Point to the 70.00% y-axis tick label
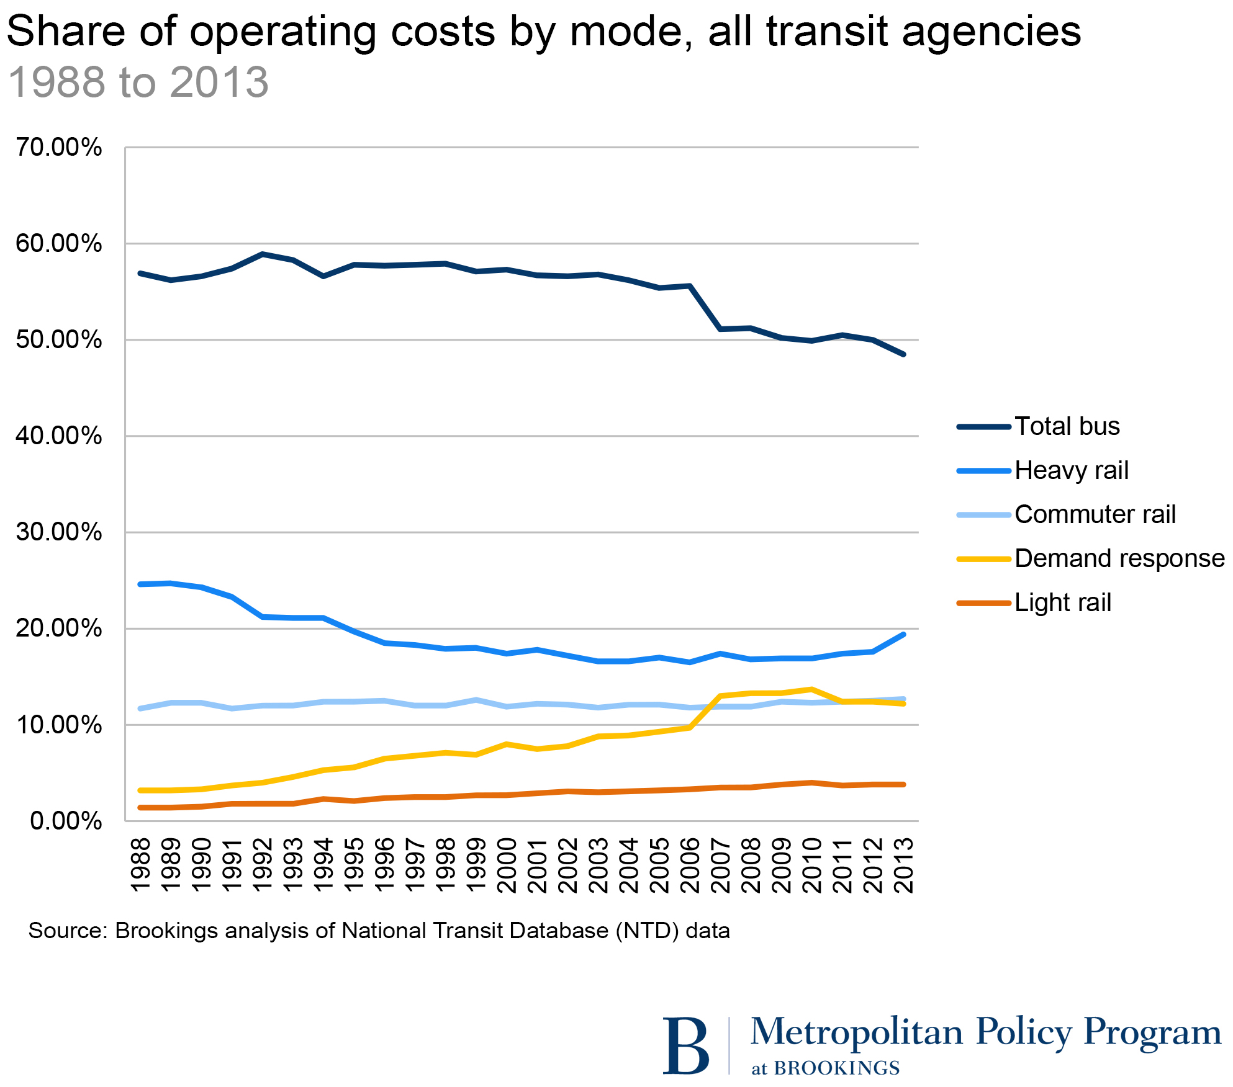click(59, 148)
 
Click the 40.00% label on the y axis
click(59, 436)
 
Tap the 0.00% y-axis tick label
click(66, 821)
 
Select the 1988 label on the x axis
click(141, 865)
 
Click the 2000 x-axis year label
click(507, 865)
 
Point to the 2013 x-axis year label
click(904, 865)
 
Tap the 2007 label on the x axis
click(721, 865)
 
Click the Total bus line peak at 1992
click(263, 254)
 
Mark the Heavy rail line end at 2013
click(903, 634)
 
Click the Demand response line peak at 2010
click(812, 689)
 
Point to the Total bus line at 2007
click(721, 329)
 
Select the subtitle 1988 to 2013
click(138, 82)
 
